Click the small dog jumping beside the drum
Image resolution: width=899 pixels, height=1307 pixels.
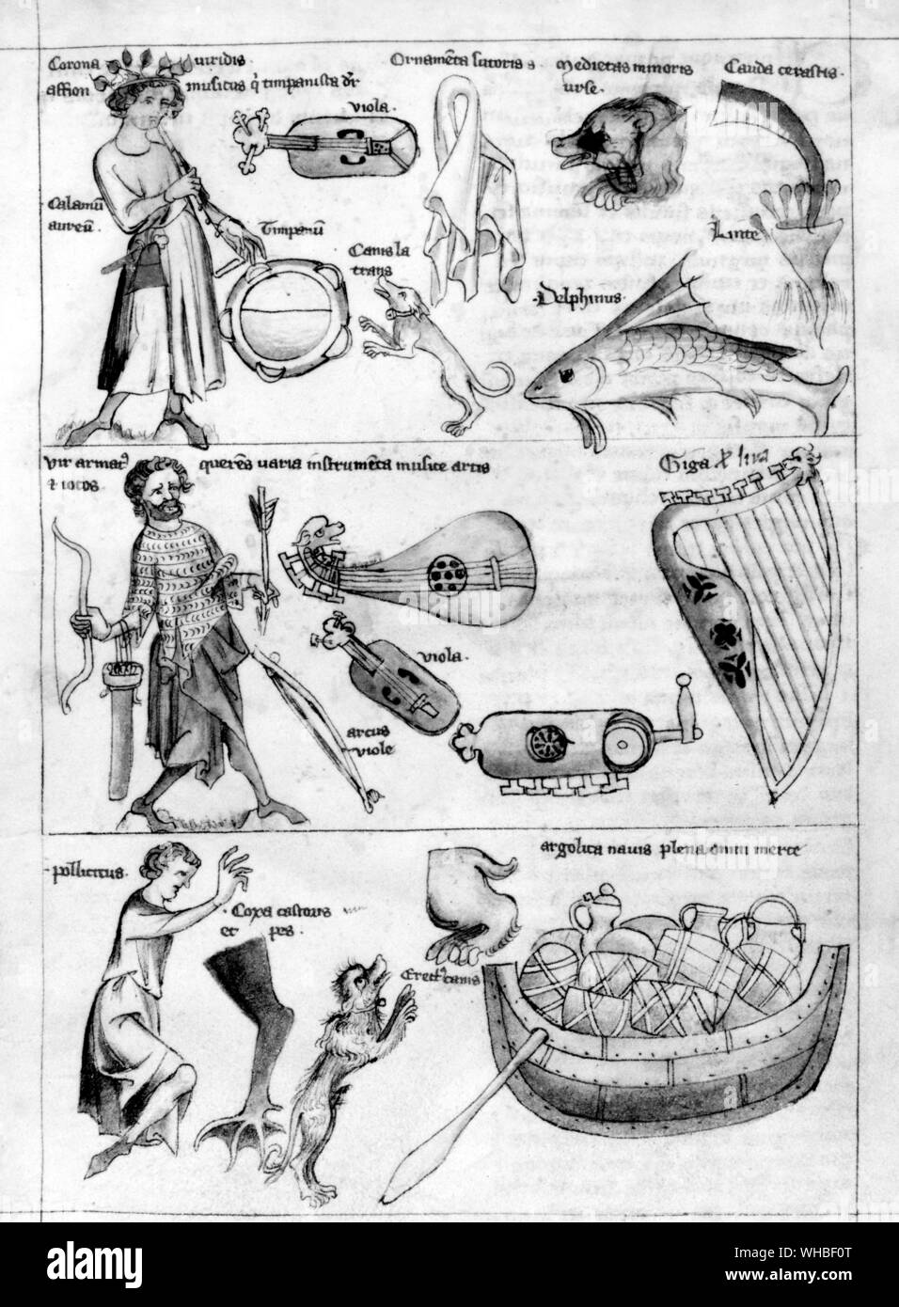pos(428,348)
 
